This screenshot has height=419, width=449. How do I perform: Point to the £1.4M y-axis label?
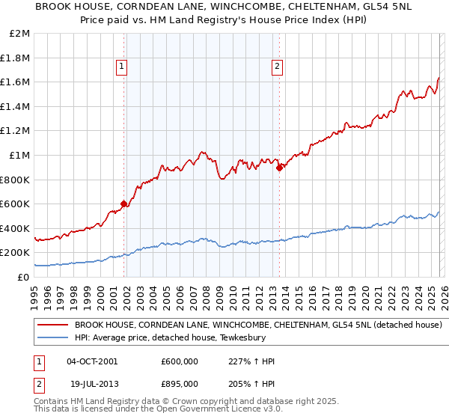(16, 106)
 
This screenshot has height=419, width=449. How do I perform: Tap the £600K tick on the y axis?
(16, 204)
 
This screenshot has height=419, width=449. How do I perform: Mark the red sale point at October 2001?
(123, 204)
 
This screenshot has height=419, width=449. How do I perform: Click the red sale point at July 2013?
(279, 168)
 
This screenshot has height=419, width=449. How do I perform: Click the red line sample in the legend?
(53, 325)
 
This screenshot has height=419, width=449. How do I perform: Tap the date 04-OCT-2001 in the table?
(91, 361)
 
